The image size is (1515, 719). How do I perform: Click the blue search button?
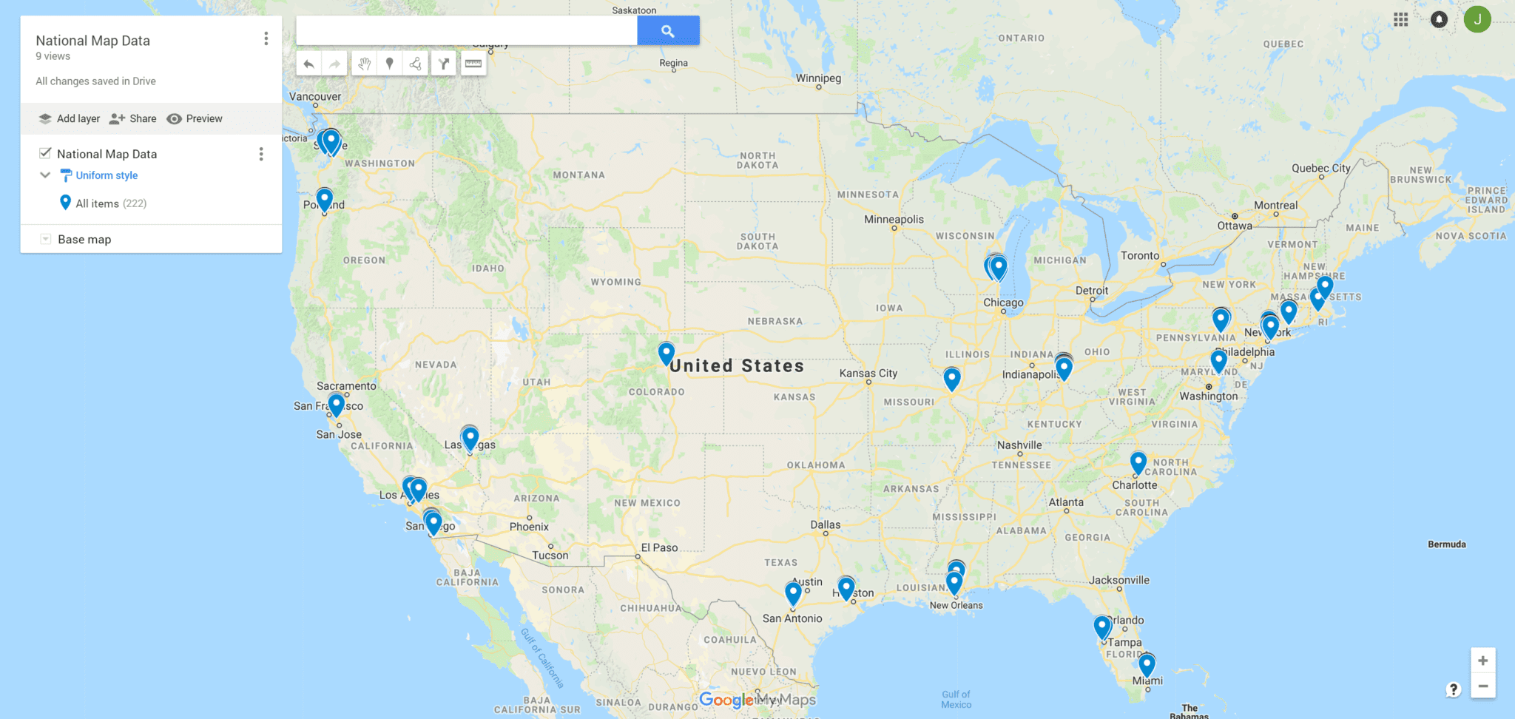pyautogui.click(x=668, y=31)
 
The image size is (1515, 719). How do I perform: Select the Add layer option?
pyautogui.click(x=70, y=118)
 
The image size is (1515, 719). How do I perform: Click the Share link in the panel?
pyautogui.click(x=133, y=118)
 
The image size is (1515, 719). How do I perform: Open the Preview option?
pyautogui.click(x=195, y=118)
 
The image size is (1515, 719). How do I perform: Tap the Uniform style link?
pyautogui.click(x=107, y=175)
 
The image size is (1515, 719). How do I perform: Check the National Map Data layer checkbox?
pyautogui.click(x=45, y=153)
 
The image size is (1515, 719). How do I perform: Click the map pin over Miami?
pyautogui.click(x=1147, y=664)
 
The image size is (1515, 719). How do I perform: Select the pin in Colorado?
pyautogui.click(x=667, y=353)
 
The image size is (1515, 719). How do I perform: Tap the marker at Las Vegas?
pyautogui.click(x=470, y=438)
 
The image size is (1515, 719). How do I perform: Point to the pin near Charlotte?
pyautogui.click(x=1138, y=463)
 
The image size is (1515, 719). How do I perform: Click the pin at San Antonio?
pyautogui.click(x=793, y=593)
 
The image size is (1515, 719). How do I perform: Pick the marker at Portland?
pyautogui.click(x=324, y=199)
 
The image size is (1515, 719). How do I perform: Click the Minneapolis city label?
pyautogui.click(x=894, y=219)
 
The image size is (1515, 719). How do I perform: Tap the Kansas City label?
pyautogui.click(x=868, y=373)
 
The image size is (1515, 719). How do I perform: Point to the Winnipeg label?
pyautogui.click(x=818, y=78)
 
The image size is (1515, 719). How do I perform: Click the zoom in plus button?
pyautogui.click(x=1482, y=661)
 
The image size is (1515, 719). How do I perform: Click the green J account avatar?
pyautogui.click(x=1477, y=19)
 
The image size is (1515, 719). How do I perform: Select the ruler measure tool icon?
pyautogui.click(x=473, y=64)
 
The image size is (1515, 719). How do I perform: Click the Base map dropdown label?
pyautogui.click(x=84, y=239)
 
